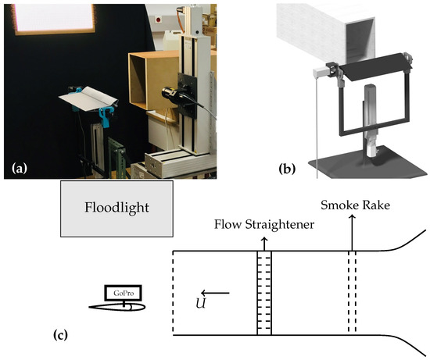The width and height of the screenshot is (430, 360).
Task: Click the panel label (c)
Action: tap(59, 336)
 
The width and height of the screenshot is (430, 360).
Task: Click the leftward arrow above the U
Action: tap(218, 293)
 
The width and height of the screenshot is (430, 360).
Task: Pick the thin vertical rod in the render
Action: tap(314, 121)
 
